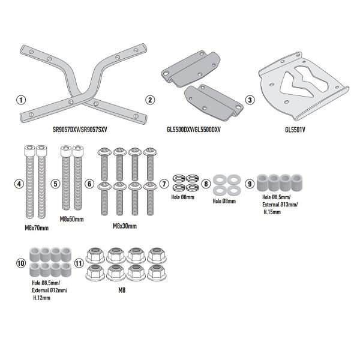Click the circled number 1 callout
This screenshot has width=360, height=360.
(23, 100)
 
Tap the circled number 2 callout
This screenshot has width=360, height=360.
(150, 100)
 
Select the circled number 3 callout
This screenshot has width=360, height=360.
(250, 100)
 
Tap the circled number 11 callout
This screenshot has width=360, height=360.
(79, 263)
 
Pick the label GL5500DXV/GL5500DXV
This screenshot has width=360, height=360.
(194, 128)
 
